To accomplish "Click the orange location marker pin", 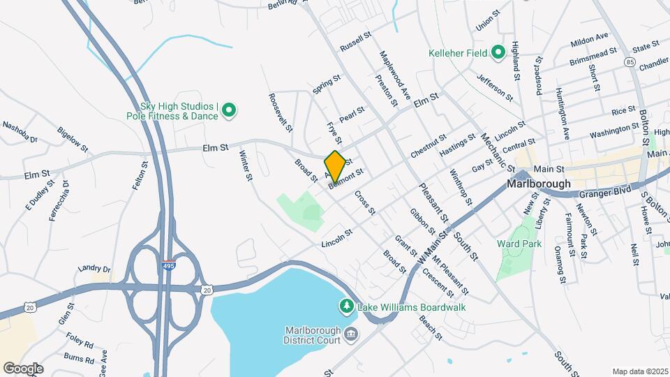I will [x=335, y=166].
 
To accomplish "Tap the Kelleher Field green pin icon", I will [x=498, y=52].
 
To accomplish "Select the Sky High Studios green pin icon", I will [x=229, y=110].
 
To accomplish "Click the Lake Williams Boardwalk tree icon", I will [x=345, y=306].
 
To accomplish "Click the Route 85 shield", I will [x=631, y=62].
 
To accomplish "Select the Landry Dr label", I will [x=95, y=269].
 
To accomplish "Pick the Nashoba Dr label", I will [x=20, y=131].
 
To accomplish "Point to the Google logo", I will [x=23, y=368].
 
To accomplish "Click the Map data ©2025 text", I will [x=640, y=371].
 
